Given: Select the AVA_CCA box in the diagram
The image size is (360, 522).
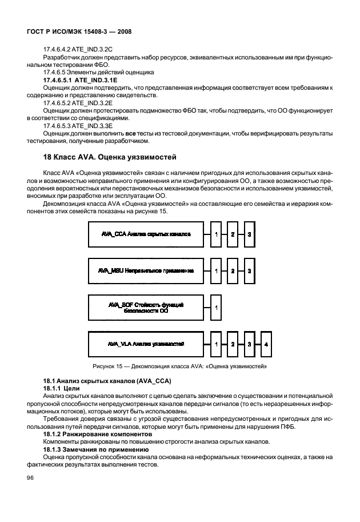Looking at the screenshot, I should point(145,234).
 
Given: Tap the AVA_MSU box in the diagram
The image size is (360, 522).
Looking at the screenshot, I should point(145,270).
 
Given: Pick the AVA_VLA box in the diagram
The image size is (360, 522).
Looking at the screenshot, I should point(145,345).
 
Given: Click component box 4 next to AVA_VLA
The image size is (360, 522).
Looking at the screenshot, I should point(266,345).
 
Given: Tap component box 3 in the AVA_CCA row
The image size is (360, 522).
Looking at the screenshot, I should point(249,234).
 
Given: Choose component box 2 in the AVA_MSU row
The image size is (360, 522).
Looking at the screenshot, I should point(233,270).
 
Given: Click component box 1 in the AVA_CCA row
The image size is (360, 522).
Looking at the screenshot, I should point(217,234).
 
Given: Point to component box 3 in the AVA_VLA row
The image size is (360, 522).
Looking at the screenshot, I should point(249,345).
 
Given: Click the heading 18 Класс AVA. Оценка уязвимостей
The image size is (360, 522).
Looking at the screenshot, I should point(111,156).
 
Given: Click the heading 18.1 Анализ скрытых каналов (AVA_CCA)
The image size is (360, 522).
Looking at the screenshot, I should point(100,381).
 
